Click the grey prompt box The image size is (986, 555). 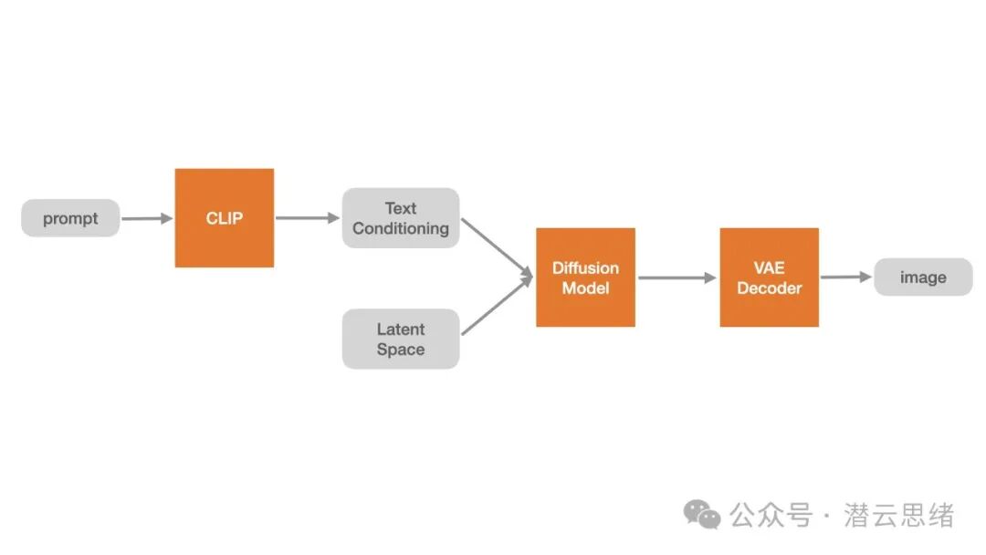tap(70, 218)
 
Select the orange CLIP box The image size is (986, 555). tap(225, 218)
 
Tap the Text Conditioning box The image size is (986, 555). tap(401, 218)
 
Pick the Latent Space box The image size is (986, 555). tap(401, 339)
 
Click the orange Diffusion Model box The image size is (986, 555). tap(585, 277)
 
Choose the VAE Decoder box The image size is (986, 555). tap(769, 277)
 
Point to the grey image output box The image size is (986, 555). tap(923, 277)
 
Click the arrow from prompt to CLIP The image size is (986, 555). tap(147, 218)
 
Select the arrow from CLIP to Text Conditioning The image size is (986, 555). tap(308, 218)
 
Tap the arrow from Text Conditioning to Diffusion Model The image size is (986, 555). tap(497, 247)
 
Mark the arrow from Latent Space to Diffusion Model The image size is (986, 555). tap(497, 306)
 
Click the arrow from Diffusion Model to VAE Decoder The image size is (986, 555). tap(677, 277)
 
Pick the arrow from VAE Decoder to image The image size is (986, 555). tap(846, 277)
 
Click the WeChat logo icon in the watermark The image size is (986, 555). tap(702, 515)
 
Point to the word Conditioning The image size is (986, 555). tap(401, 229)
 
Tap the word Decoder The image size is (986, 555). tap(769, 288)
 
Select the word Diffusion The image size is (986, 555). tap(585, 267)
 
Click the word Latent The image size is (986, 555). tap(401, 329)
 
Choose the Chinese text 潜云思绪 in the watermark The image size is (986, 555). tap(898, 516)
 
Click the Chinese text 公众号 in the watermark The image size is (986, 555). tap(771, 516)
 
